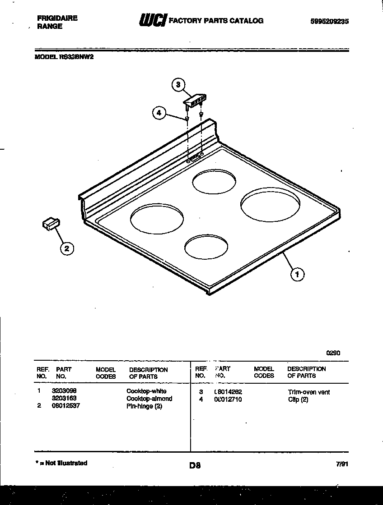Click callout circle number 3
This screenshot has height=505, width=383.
click(x=178, y=84)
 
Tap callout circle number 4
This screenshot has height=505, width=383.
click(x=159, y=113)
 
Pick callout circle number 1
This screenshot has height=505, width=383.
click(x=297, y=274)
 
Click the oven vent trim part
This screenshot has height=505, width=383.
click(x=196, y=100)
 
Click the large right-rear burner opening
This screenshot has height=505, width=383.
click(x=270, y=205)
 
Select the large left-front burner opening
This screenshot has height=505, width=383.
click(x=157, y=219)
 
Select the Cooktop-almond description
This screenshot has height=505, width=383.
click(x=149, y=399)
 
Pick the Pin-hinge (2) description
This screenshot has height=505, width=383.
click(x=144, y=406)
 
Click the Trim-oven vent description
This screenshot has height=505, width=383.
click(x=308, y=392)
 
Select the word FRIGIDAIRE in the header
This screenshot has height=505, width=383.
click(x=56, y=18)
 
